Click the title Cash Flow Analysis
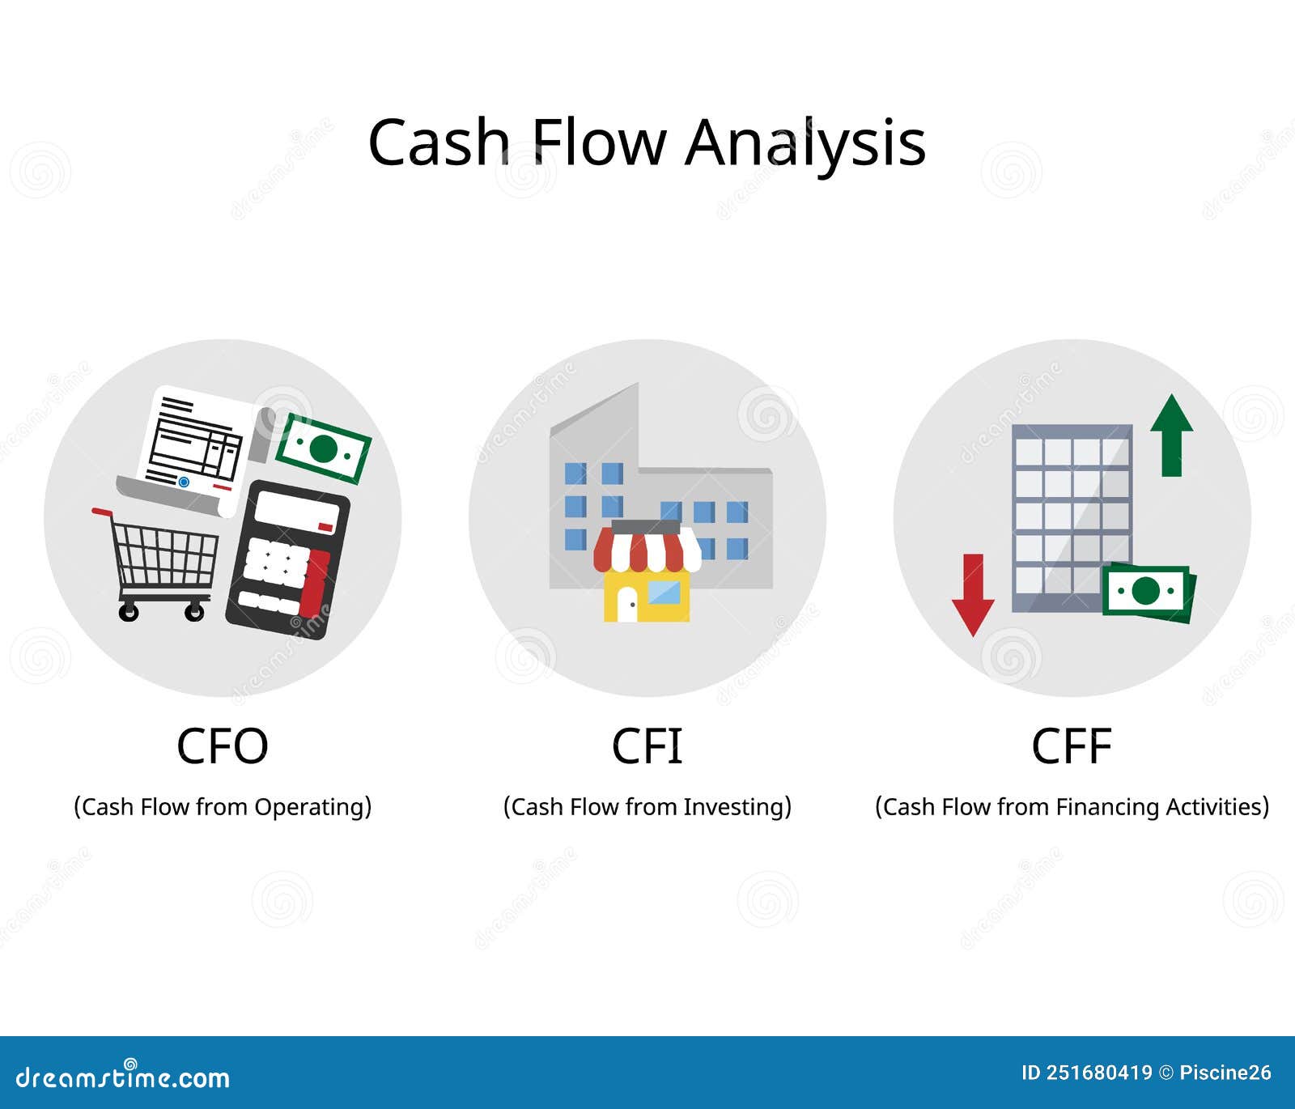pos(647,142)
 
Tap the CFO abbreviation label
pos(223,746)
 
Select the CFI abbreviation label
pos(647,746)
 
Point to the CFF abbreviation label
pos(1072,746)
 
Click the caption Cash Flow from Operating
pos(223,807)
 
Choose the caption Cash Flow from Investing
pos(647,807)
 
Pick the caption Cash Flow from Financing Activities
pos(1072,807)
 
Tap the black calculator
pos(287,559)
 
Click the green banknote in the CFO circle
pos(324,448)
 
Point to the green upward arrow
pos(1172,436)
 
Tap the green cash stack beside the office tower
pos(1149,593)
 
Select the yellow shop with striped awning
pos(647,571)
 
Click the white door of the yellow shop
pos(627,604)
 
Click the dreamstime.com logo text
pos(123,1077)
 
